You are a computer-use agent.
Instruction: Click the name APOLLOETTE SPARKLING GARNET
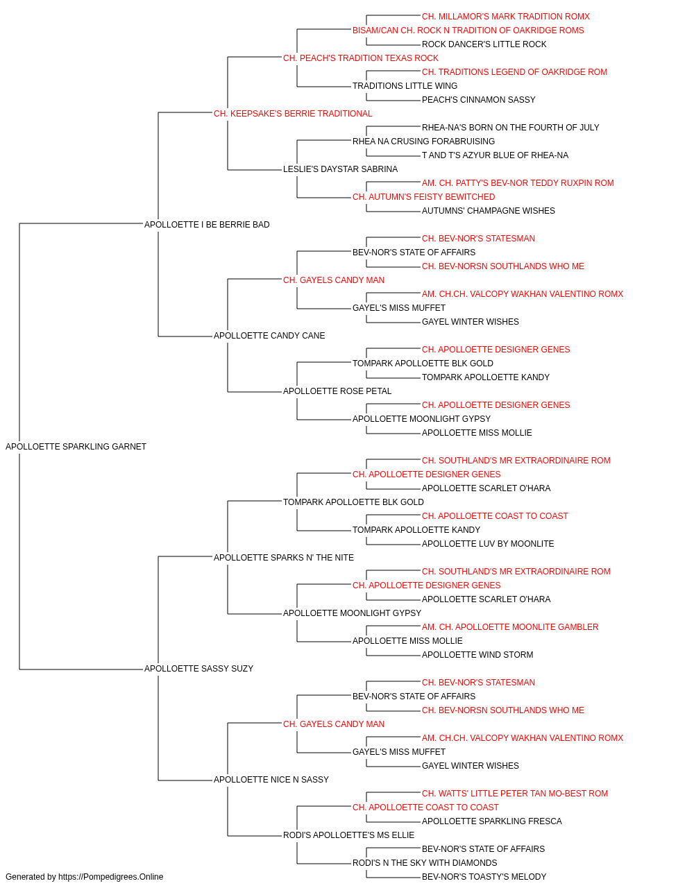[76, 447]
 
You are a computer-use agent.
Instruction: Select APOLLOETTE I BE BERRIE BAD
[207, 225]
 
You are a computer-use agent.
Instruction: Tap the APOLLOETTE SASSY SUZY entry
[198, 669]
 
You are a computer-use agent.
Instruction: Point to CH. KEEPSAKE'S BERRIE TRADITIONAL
[293, 114]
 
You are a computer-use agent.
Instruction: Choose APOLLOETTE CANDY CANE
[269, 336]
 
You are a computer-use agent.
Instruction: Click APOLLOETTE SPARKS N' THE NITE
[284, 557]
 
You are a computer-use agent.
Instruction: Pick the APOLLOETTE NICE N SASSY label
[271, 780]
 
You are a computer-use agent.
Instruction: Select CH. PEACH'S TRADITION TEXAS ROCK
[361, 58]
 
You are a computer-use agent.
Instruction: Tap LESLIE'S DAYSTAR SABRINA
[341, 169]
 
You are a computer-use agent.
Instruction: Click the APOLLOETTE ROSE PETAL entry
[337, 391]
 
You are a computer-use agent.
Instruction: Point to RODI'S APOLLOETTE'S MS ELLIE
[348, 835]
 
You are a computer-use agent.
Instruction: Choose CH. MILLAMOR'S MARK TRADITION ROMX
[506, 17]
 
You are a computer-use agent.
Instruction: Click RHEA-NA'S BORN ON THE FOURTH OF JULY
[511, 128]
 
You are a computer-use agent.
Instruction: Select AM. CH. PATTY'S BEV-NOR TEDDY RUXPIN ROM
[518, 183]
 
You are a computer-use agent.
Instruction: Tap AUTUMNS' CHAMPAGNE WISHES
[489, 211]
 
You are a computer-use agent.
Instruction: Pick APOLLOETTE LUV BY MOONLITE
[488, 544]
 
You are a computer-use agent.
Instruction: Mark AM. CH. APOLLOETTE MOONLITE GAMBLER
[510, 627]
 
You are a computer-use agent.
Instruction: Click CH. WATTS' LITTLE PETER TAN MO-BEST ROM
[515, 794]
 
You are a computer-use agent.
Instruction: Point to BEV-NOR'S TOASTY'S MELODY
[484, 877]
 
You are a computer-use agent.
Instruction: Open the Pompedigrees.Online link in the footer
[111, 877]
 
